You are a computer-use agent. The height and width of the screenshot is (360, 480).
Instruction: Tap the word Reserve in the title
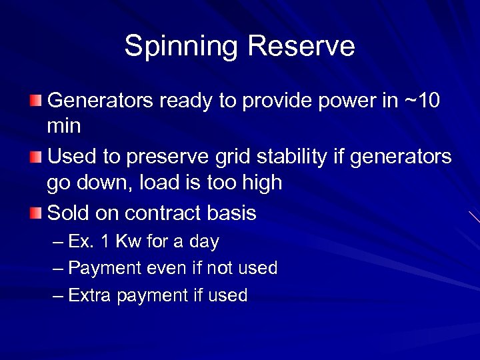click(x=301, y=47)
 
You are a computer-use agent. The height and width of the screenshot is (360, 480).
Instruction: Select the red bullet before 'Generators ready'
click(x=35, y=101)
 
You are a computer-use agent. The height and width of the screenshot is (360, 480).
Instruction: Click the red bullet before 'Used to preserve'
click(x=35, y=157)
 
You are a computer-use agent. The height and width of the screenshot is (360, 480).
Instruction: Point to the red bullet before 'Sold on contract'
click(x=35, y=213)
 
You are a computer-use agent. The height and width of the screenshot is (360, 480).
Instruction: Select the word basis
click(x=234, y=213)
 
